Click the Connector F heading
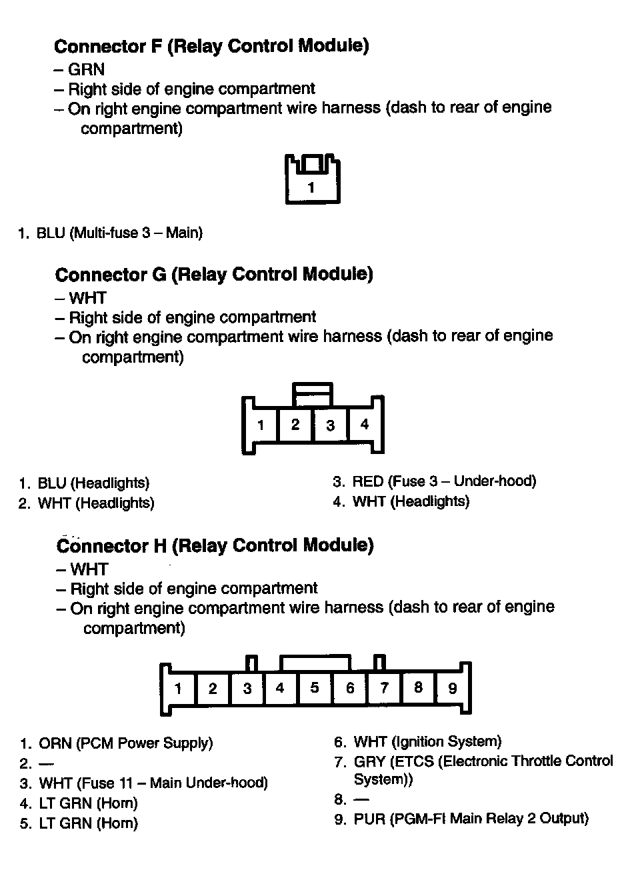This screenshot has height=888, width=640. [x=211, y=46]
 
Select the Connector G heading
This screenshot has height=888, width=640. [x=214, y=274]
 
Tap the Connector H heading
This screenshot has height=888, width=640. [x=215, y=545]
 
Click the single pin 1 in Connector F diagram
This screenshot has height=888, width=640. [x=311, y=187]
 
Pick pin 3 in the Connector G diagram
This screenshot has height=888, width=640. [x=330, y=425]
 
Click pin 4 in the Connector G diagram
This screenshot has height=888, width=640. [x=364, y=424]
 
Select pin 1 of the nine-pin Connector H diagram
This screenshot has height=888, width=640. [x=178, y=688]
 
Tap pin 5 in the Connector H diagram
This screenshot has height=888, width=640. [x=315, y=687]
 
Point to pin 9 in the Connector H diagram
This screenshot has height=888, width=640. [x=453, y=688]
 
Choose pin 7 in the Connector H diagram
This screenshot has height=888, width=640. [x=384, y=687]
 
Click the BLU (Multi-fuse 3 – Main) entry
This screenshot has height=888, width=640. [x=119, y=233]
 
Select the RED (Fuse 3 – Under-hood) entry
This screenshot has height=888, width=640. [x=444, y=481]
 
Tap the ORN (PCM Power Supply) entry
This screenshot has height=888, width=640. [x=125, y=743]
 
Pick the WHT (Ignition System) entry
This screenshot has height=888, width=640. [x=427, y=741]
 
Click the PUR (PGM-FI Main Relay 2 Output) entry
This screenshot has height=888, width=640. [x=471, y=818]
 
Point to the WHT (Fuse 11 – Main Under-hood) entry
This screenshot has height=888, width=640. [x=153, y=783]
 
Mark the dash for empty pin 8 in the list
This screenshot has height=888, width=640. [x=361, y=799]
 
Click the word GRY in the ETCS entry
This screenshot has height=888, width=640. [x=369, y=761]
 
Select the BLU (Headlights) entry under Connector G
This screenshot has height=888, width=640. [x=93, y=483]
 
